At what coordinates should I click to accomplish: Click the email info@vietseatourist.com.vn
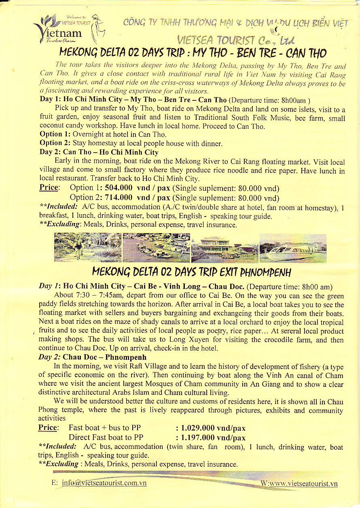[104, 483]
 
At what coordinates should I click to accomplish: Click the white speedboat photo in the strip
[292, 248]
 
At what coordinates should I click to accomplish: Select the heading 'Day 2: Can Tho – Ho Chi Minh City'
[99, 153]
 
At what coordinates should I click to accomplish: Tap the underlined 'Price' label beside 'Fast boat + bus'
[48, 428]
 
